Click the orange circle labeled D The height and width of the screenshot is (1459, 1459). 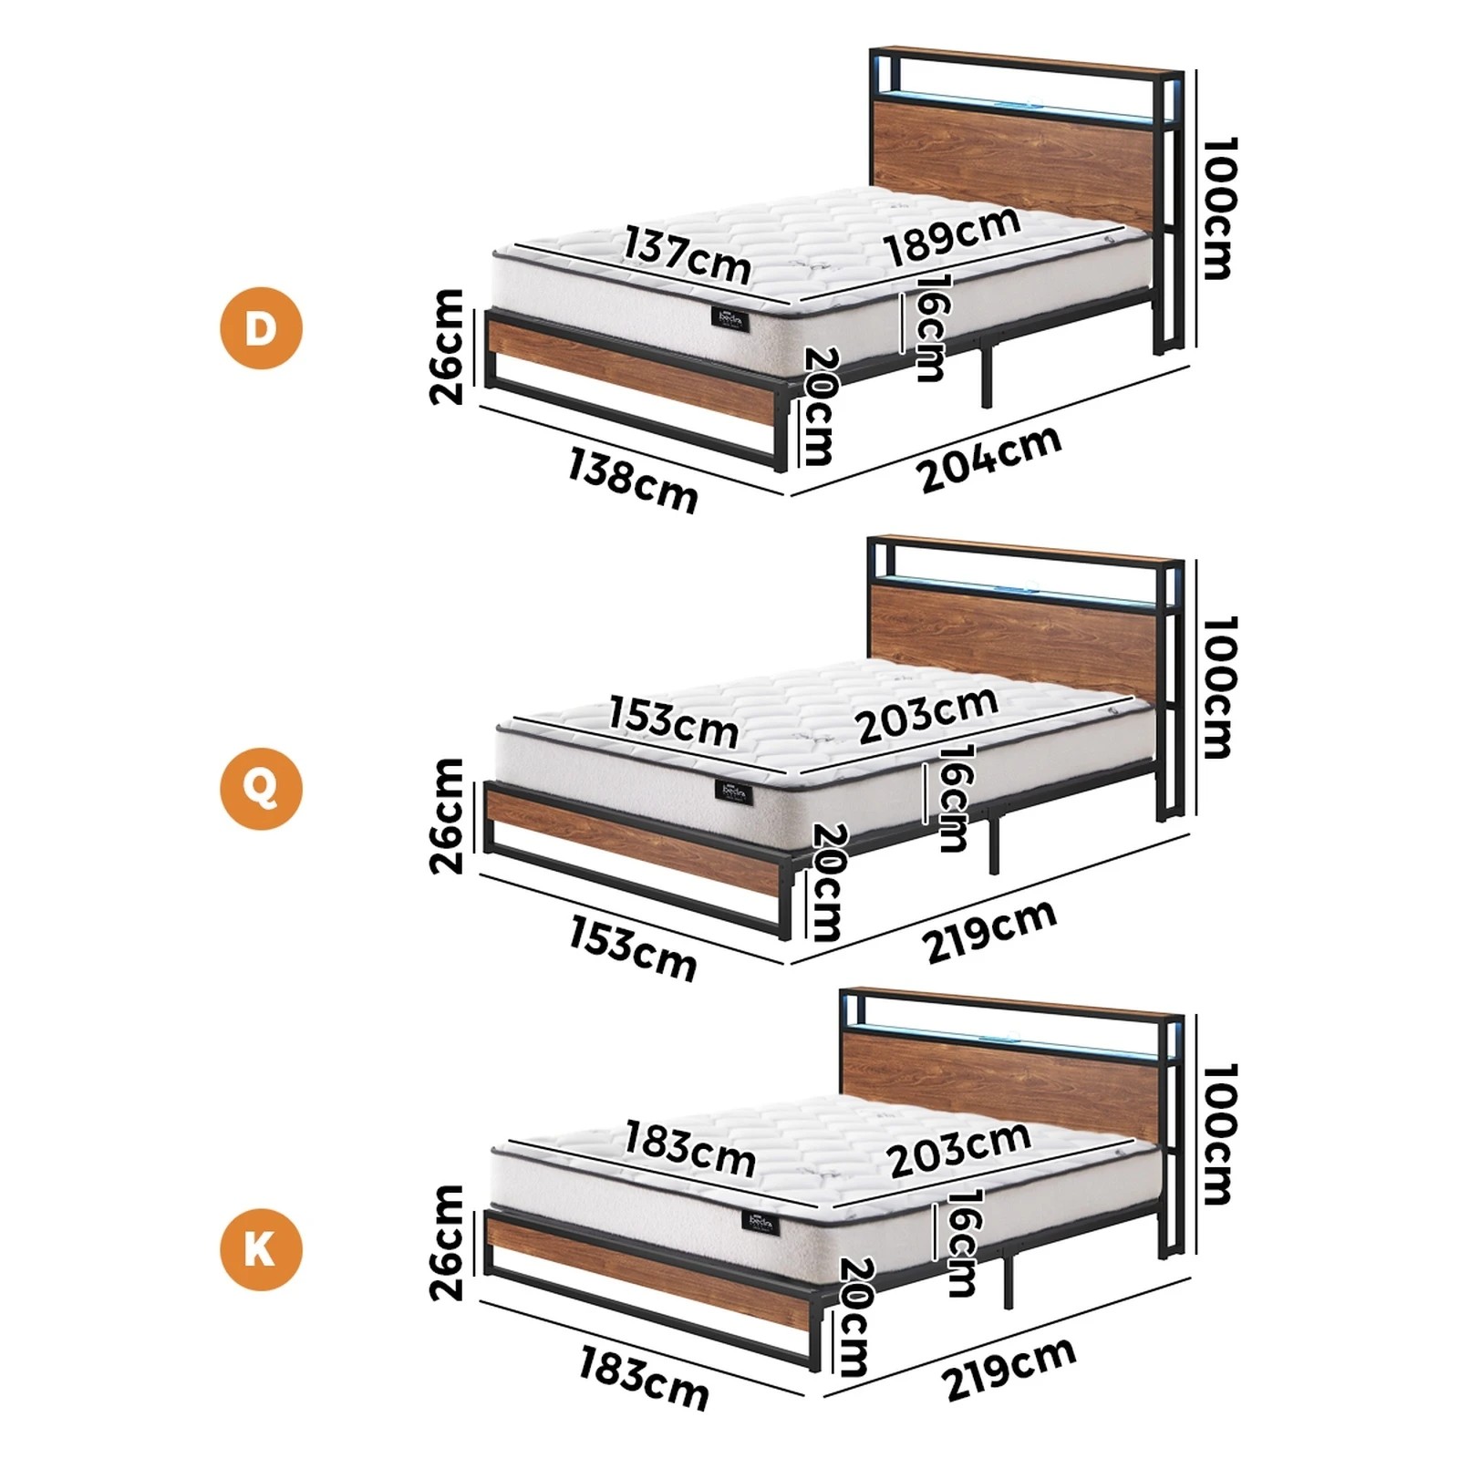coord(261,327)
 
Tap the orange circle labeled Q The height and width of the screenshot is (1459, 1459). coord(261,789)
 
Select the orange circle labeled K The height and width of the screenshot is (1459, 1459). coord(261,1249)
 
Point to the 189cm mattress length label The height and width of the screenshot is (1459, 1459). coord(951,236)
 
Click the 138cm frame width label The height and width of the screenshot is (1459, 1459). coord(632,480)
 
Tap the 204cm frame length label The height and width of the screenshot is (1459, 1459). coord(989,459)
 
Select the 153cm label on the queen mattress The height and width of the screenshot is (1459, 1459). coord(673,721)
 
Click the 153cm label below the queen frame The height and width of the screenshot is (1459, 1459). coord(633,948)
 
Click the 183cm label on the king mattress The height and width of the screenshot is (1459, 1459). coord(689,1150)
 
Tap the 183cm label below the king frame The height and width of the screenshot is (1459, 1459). coord(644,1379)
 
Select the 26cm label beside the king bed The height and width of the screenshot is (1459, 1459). coord(447,1242)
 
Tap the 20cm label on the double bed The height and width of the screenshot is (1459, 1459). coord(818,406)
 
